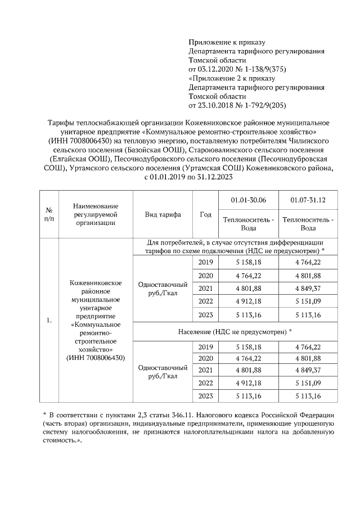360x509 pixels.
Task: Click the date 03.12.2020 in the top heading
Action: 216,69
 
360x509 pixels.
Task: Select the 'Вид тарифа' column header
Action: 163,214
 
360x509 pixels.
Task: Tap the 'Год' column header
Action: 205,214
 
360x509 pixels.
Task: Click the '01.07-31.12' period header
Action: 308,200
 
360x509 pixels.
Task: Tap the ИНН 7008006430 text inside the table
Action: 95,358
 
